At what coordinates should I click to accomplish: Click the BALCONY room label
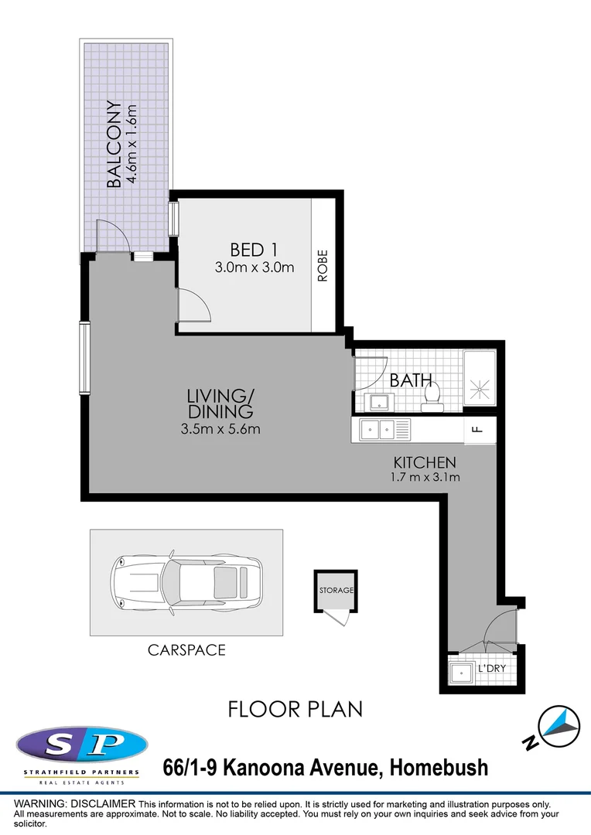point(114,145)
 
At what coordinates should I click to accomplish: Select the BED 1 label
point(254,250)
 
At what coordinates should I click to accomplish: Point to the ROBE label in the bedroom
point(323,265)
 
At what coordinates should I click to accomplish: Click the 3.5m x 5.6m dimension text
point(220,429)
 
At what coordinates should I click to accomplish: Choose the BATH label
point(410,380)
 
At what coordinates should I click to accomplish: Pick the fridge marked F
point(477,430)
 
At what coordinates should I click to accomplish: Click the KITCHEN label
point(424,462)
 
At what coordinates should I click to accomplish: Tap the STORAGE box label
point(336,590)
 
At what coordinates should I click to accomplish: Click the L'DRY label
point(493,667)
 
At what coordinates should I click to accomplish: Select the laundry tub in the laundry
point(464,672)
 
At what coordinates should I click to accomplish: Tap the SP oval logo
point(81,745)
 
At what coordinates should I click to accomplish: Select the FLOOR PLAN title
point(295,708)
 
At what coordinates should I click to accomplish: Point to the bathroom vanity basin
point(379,400)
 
